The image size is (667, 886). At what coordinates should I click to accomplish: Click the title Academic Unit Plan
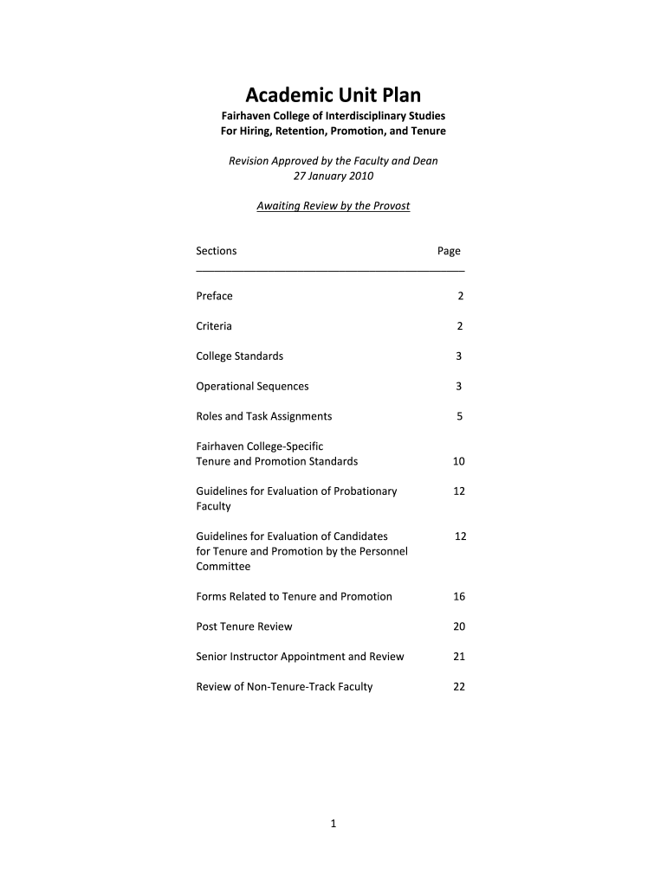[x=333, y=94]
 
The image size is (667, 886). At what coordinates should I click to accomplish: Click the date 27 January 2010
[x=333, y=176]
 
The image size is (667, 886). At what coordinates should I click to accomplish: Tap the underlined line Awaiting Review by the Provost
[x=333, y=206]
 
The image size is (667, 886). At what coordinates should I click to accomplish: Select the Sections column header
[x=217, y=251]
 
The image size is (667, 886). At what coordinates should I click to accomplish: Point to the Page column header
[x=449, y=251]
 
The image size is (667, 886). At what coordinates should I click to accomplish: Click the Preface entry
[x=215, y=296]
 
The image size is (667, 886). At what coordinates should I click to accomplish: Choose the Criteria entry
[x=214, y=326]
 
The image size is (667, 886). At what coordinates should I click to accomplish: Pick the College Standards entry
[x=240, y=356]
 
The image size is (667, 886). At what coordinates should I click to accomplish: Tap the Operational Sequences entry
[x=252, y=387]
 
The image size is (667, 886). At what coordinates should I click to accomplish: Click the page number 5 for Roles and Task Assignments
[x=459, y=416]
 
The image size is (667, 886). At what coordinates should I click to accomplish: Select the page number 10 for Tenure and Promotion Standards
[x=459, y=461]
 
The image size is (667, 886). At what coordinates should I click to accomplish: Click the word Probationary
[x=366, y=491]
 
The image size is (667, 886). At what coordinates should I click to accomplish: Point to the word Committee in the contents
[x=223, y=567]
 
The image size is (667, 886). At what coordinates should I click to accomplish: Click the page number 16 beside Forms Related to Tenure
[x=459, y=596]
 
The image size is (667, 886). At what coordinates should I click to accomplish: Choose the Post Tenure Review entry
[x=244, y=626]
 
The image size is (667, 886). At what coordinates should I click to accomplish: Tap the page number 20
[x=459, y=626]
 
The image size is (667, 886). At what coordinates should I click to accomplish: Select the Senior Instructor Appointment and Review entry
[x=300, y=657]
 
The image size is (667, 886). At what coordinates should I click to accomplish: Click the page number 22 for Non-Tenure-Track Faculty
[x=459, y=687]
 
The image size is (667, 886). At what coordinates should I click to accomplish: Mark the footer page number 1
[x=333, y=825]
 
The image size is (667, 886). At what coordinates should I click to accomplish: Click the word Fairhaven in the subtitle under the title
[x=246, y=116]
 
